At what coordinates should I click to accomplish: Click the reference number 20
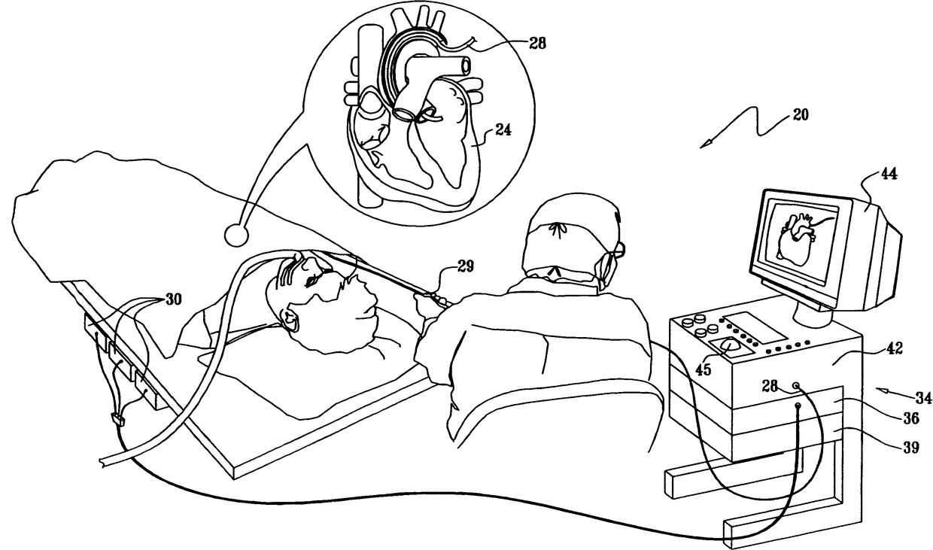pyautogui.click(x=801, y=117)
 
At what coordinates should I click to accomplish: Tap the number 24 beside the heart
pyautogui.click(x=503, y=129)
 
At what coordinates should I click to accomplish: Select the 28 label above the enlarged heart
pyautogui.click(x=538, y=44)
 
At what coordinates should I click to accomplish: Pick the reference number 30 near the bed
pyautogui.click(x=172, y=299)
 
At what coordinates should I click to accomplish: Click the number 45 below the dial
pyautogui.click(x=702, y=369)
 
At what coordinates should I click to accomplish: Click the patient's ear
pyautogui.click(x=289, y=318)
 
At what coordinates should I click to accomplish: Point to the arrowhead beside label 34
pyautogui.click(x=882, y=389)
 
